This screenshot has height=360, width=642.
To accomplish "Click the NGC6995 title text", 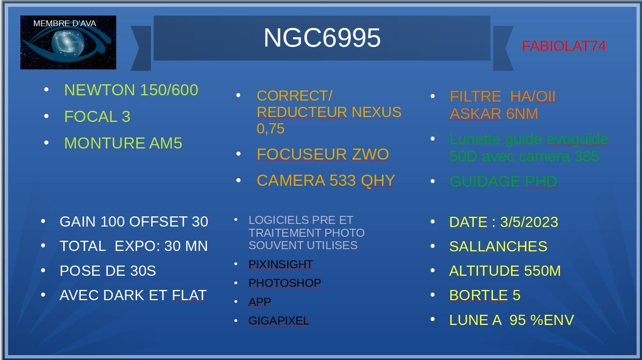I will (x=322, y=38).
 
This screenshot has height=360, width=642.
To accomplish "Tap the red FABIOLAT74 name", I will (x=564, y=46).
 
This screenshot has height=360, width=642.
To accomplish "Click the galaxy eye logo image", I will (x=68, y=43).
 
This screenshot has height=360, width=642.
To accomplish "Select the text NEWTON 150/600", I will (x=131, y=90).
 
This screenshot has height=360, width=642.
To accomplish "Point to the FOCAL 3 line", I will (x=97, y=117).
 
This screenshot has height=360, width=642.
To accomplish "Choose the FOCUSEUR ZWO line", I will (x=323, y=155).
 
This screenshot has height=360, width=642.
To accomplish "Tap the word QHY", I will (x=378, y=181).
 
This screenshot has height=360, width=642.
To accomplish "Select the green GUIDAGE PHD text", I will (x=503, y=182).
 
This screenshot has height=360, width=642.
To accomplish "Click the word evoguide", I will (x=578, y=140).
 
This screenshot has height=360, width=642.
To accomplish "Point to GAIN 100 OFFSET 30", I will (x=134, y=222).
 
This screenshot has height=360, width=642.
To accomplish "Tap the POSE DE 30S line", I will (x=108, y=271).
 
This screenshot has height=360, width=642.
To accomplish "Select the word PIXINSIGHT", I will (x=280, y=265).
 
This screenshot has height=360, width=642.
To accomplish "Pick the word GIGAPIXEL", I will (x=279, y=321).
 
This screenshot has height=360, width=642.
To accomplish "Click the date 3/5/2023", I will (x=529, y=222).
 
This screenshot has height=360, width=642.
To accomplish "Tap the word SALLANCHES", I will (x=498, y=247).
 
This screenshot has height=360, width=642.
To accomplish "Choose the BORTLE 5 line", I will (x=484, y=296).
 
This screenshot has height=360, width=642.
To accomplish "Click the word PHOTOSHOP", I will (x=284, y=283).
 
